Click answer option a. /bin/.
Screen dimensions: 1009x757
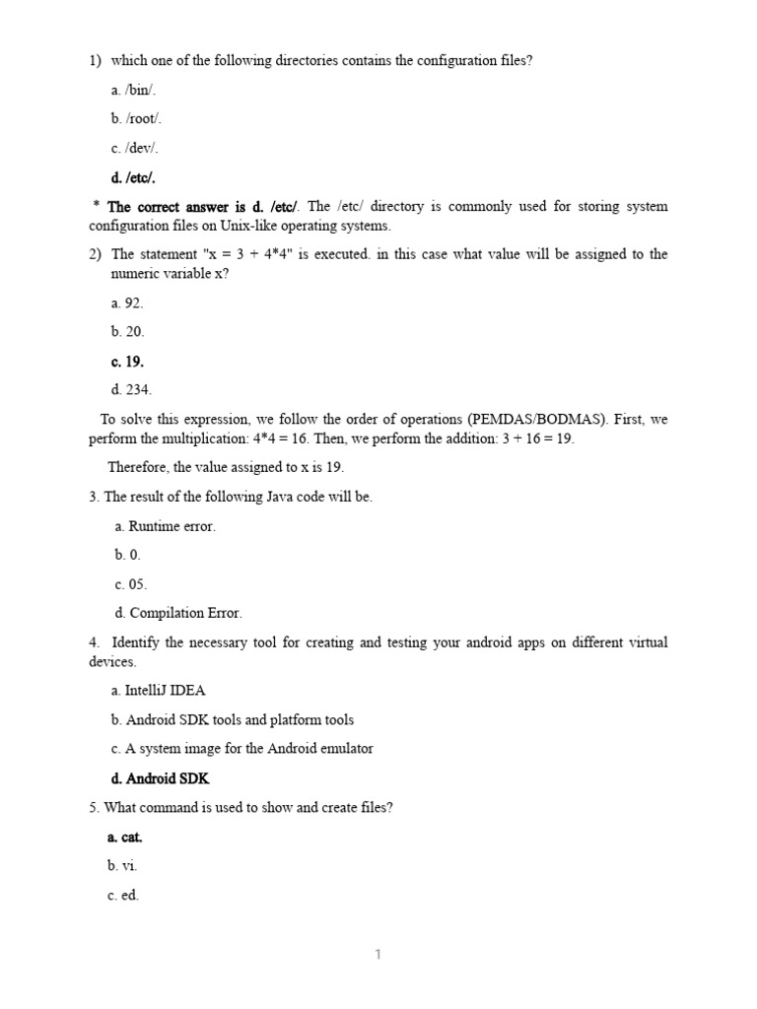(134, 91)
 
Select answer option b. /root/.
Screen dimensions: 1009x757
(136, 119)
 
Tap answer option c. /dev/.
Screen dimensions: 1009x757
(135, 149)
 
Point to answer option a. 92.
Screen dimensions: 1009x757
(128, 303)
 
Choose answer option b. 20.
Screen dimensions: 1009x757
(128, 332)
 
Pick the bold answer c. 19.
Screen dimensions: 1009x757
(128, 362)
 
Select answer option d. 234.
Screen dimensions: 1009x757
(132, 390)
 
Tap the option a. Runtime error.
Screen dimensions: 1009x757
(165, 526)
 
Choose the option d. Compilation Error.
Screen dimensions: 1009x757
(177, 613)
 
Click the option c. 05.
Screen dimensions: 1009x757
(130, 584)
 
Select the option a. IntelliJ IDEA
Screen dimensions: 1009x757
(159, 691)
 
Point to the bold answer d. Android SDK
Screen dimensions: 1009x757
(161, 778)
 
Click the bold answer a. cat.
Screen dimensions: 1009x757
(125, 837)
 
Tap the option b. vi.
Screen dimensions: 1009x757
(123, 866)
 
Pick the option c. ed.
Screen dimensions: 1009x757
(123, 896)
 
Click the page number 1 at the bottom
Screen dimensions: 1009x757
(378, 954)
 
